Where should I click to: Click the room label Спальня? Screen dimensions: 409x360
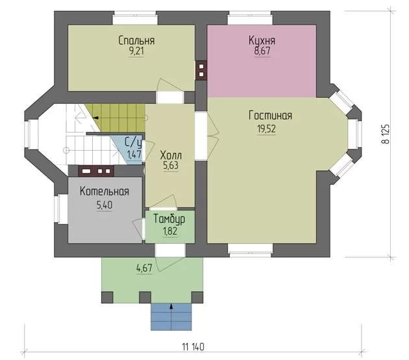[136, 40]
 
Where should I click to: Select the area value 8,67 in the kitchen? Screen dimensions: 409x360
[262, 51]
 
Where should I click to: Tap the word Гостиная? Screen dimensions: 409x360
[270, 116]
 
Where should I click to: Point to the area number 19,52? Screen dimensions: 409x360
[266, 129]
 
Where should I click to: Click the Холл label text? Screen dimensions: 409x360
[171, 155]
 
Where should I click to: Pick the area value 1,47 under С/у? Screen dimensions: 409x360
[134, 154]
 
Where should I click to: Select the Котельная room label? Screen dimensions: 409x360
[105, 191]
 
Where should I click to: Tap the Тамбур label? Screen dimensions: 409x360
[169, 219]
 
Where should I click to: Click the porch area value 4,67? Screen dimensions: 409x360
[144, 267]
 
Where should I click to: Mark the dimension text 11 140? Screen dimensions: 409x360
[193, 347]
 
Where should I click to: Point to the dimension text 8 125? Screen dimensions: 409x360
[386, 133]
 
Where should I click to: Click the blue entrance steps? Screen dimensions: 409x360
[171, 316]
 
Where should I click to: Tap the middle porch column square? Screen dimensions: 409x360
[145, 298]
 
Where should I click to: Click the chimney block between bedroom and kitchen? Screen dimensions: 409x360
[201, 70]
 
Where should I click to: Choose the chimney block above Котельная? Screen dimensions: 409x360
[96, 171]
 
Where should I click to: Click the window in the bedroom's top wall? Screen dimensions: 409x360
[135, 18]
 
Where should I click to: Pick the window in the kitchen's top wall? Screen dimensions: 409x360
[250, 18]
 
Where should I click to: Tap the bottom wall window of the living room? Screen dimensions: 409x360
[251, 249]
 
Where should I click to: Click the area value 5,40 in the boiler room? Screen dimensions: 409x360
[105, 205]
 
